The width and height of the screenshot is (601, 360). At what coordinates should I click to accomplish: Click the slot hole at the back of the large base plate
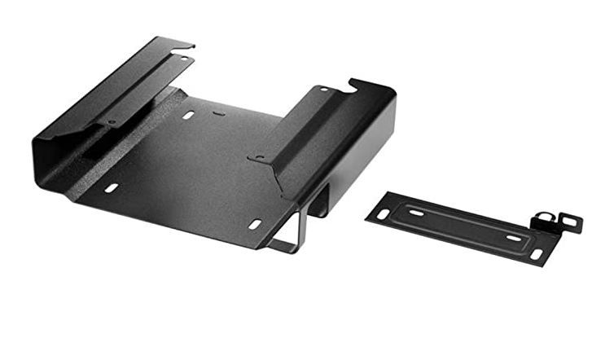point(188,116)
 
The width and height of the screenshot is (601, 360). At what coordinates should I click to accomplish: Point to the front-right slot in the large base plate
point(255,223)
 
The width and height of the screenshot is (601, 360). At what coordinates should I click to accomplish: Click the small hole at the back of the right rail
point(323,89)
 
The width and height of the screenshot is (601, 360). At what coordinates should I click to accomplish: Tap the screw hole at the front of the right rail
point(260,156)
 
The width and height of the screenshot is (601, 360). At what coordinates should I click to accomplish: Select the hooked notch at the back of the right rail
point(355,82)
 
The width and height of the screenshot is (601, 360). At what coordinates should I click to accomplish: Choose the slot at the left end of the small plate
point(382,214)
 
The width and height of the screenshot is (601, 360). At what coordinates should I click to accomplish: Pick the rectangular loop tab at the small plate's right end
point(571,223)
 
